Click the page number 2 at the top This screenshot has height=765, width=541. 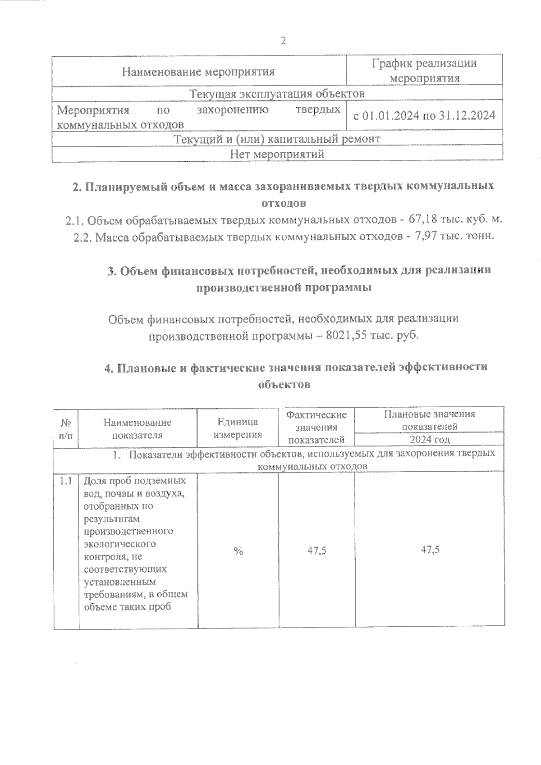pyautogui.click(x=283, y=41)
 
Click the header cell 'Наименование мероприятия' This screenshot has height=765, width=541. pyautogui.click(x=198, y=72)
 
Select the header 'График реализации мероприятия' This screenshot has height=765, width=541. pyautogui.click(x=424, y=71)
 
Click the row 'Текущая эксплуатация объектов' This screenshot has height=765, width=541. pyautogui.click(x=277, y=94)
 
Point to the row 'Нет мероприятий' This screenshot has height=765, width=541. pyautogui.click(x=277, y=154)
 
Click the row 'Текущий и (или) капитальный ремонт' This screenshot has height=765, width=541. pyautogui.click(x=277, y=139)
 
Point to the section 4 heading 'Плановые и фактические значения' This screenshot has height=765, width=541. pyautogui.click(x=296, y=367)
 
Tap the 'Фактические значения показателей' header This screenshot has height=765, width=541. pyautogui.click(x=316, y=427)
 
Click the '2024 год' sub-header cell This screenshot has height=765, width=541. pyautogui.click(x=429, y=440)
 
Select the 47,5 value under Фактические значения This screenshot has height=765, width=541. pyautogui.click(x=316, y=550)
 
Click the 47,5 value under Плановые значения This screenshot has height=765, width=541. pyautogui.click(x=430, y=550)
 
